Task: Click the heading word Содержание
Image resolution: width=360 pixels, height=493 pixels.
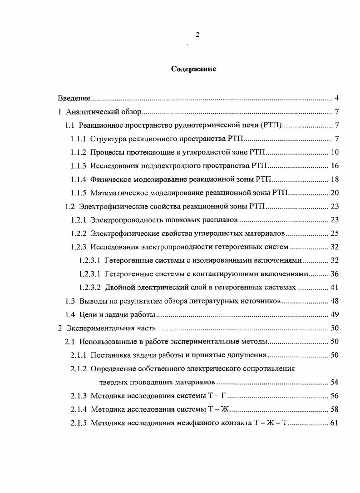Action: tap(194, 69)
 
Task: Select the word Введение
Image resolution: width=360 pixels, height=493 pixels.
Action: tap(74, 98)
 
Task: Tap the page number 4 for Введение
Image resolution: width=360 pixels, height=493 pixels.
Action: tap(336, 98)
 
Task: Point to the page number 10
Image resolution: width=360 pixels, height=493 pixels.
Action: tap(335, 152)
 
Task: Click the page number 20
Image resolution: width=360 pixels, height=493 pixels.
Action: tap(335, 193)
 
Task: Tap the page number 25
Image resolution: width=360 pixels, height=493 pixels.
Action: tap(335, 234)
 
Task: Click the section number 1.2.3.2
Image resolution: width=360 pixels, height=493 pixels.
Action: tap(89, 287)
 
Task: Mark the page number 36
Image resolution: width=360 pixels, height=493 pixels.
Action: tap(335, 274)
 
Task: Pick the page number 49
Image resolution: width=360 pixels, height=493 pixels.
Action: tap(335, 314)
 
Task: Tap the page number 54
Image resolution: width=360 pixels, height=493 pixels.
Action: tap(335, 382)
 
